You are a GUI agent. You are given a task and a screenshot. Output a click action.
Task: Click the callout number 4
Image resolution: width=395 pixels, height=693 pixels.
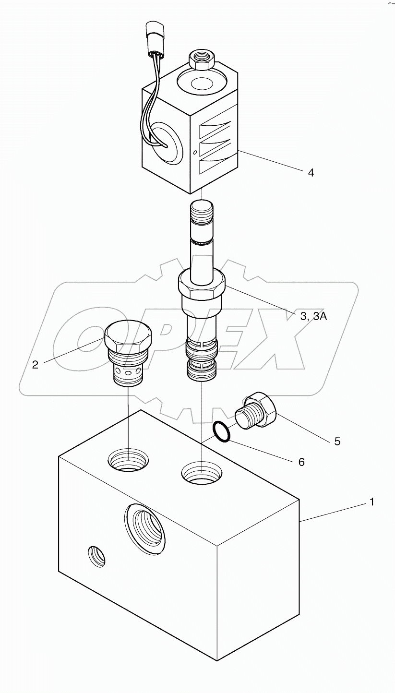click(311, 173)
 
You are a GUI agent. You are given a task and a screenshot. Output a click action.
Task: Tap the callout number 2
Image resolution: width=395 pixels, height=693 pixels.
click(36, 364)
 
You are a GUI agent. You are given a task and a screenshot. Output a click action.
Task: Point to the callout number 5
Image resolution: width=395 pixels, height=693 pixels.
click(337, 441)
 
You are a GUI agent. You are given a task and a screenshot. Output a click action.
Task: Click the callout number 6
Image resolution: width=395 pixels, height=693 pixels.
click(301, 462)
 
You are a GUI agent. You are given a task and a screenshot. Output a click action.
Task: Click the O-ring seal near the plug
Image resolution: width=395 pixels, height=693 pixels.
click(222, 430)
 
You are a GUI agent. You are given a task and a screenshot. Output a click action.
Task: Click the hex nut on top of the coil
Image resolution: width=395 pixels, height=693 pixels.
click(202, 59)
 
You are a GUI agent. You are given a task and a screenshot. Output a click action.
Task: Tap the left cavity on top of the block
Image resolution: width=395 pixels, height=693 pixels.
click(128, 461)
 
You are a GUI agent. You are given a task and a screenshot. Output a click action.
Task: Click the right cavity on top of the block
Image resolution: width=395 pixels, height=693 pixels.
click(202, 474)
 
